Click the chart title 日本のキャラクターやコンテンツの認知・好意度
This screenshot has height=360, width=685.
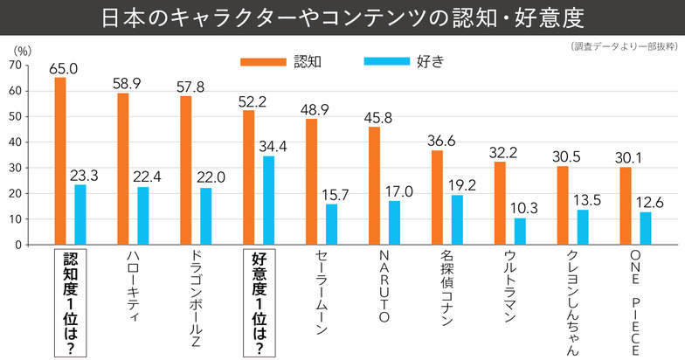point(342,17)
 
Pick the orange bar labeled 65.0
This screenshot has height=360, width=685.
point(60,161)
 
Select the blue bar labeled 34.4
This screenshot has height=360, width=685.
point(268,200)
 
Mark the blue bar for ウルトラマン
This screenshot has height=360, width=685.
point(520,232)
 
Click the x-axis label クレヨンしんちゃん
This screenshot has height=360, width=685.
point(572,301)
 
